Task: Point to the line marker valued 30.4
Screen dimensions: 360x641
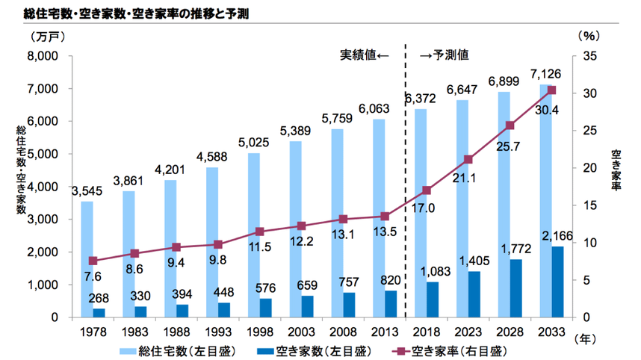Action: [552, 90]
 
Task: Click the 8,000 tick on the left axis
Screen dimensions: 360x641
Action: [43, 56]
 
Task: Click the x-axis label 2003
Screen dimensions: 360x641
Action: [300, 331]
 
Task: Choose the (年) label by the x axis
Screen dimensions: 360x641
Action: [588, 338]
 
